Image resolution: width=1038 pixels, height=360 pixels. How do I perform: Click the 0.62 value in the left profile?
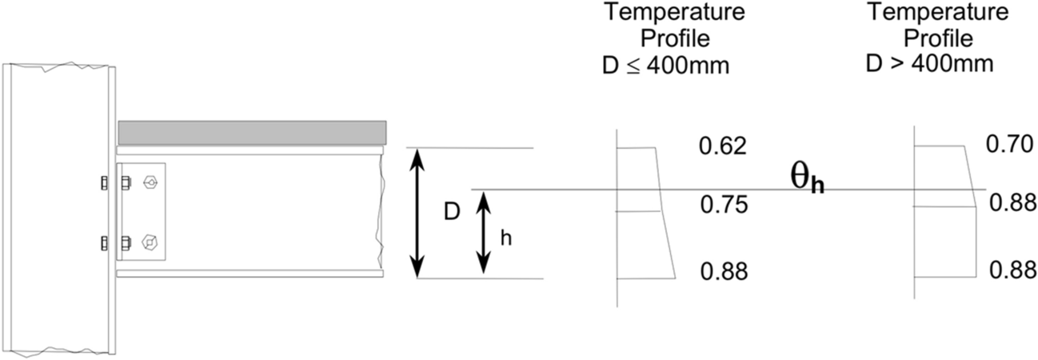(722, 146)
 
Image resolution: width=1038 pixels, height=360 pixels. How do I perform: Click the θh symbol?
(807, 181)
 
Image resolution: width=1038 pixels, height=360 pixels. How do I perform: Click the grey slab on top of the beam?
(252, 131)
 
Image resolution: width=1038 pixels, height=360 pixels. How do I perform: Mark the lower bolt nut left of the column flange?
(104, 243)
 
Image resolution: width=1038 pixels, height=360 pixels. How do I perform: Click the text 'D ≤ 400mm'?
(665, 65)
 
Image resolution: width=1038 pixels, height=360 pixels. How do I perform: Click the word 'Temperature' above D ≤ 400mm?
(674, 14)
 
